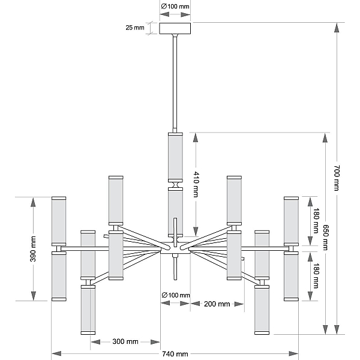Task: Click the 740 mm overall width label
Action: pos(175,354)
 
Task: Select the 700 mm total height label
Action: pos(337,178)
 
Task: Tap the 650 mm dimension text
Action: pos(325,237)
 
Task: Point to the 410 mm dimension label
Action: pos(196,184)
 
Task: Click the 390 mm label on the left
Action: pos(33,249)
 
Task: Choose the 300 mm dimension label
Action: pos(125,341)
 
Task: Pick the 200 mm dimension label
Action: pos(217,304)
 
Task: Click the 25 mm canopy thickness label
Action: pos(135,28)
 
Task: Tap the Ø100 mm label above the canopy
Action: pos(175,7)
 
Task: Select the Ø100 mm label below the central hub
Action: pos(176,295)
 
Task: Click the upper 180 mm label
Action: pos(316,221)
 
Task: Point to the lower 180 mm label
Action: pos(316,276)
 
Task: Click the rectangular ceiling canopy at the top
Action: pos(175,28)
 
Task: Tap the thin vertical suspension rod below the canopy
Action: pos(175,83)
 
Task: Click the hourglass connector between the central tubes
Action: pos(176,185)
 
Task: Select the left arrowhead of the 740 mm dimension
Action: pos(56,353)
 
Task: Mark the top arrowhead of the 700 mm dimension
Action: pos(337,28)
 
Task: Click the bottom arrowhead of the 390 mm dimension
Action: pos(34,296)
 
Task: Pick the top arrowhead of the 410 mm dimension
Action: pos(196,137)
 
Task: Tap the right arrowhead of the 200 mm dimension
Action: pos(239,304)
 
